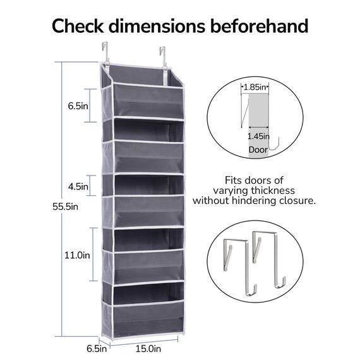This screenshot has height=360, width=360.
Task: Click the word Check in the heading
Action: [78, 26]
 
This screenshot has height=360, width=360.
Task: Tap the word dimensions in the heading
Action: [157, 26]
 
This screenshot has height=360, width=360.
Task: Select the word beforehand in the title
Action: [259, 26]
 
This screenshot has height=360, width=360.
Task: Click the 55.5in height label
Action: [65, 207]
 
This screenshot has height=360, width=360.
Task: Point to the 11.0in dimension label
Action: [77, 255]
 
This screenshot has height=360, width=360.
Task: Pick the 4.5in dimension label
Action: [78, 186]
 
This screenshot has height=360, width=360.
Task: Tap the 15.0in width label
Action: [148, 349]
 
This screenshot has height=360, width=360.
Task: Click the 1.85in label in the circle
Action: [255, 87]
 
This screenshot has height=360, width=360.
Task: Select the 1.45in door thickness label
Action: [258, 136]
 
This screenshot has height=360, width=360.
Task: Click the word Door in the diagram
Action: [258, 150]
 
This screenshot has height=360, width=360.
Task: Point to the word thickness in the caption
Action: [272, 191]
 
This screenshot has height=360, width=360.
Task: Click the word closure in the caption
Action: [297, 201]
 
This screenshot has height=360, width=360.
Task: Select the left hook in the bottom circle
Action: [240, 267]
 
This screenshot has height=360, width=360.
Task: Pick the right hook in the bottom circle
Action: [269, 260]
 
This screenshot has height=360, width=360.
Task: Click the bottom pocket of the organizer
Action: [148, 318]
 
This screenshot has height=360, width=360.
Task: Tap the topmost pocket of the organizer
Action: [148, 101]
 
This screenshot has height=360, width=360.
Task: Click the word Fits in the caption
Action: [233, 180]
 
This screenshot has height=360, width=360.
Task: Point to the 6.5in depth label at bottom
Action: [97, 349]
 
